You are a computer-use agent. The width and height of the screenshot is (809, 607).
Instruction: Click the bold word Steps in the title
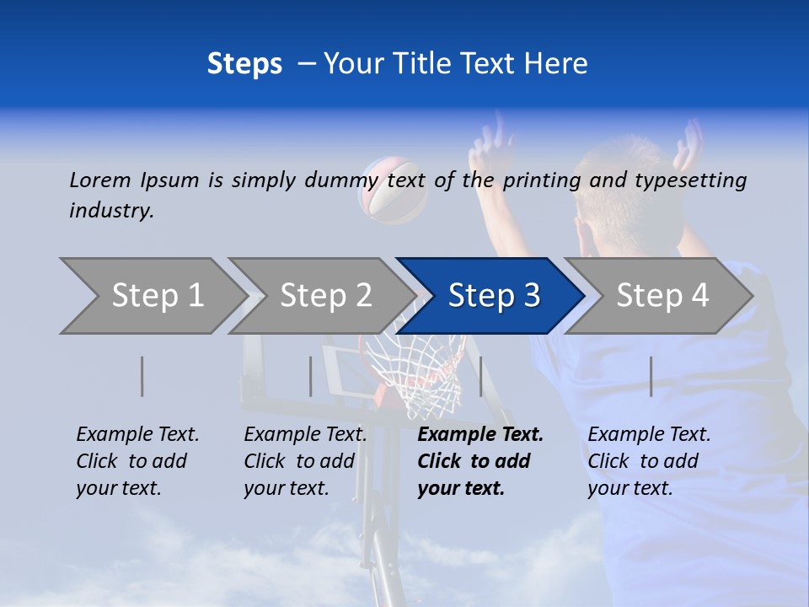pos(244,64)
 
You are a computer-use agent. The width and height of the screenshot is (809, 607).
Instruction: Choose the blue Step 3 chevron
pos(494,296)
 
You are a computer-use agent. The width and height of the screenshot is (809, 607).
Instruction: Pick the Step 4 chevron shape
pos(662,296)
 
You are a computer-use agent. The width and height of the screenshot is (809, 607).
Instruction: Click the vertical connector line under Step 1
pos(142,376)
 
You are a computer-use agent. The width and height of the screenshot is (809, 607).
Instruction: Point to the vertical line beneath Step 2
pos(311,376)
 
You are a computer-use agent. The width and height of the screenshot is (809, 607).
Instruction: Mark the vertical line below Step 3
pos(481,376)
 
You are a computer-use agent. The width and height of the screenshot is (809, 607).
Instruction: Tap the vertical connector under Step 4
pos(651,376)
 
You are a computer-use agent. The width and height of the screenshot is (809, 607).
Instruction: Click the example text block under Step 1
pos(137,461)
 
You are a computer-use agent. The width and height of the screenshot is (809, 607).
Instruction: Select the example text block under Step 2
pos(305,461)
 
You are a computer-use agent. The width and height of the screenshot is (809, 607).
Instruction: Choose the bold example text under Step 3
pos(480,461)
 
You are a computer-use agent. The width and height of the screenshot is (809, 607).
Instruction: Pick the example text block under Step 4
pos(649,461)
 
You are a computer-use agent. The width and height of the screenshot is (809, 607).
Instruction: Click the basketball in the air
pos(393,190)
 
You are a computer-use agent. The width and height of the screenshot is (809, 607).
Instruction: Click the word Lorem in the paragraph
pos(100,180)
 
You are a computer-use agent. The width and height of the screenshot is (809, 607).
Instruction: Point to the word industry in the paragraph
pos(111,211)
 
